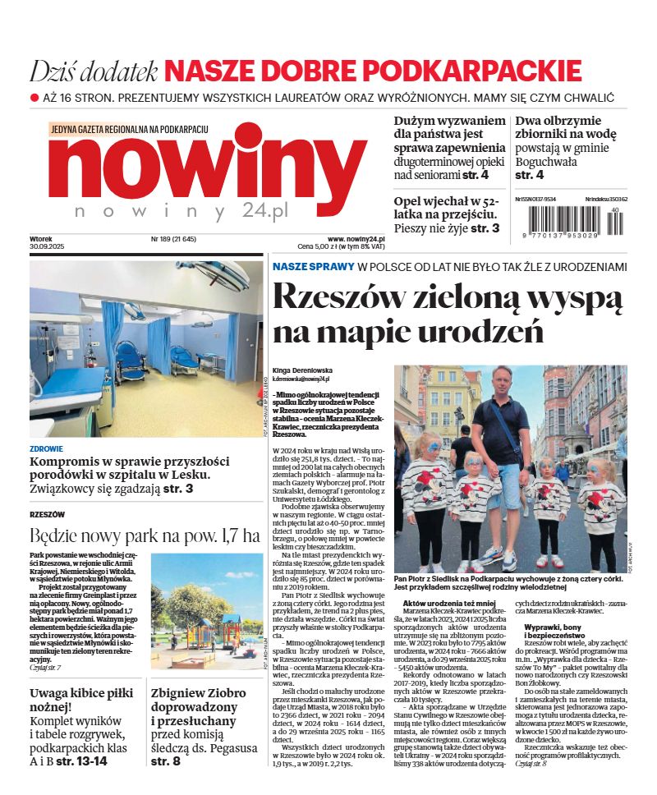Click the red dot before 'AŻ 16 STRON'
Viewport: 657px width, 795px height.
pyautogui.click(x=34, y=97)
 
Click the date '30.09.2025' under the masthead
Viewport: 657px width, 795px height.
pyautogui.click(x=47, y=247)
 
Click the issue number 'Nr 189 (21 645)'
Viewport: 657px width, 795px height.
pyautogui.click(x=173, y=239)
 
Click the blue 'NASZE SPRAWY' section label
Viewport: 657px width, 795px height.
pyautogui.click(x=313, y=267)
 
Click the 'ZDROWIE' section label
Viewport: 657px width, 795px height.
pyautogui.click(x=46, y=449)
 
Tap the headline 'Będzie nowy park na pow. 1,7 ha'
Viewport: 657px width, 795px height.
pyautogui.click(x=145, y=536)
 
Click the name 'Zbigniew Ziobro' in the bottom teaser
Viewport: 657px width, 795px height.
pyautogui.click(x=198, y=693)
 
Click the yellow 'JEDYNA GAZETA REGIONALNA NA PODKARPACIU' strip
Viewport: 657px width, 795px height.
pyautogui.click(x=130, y=130)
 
